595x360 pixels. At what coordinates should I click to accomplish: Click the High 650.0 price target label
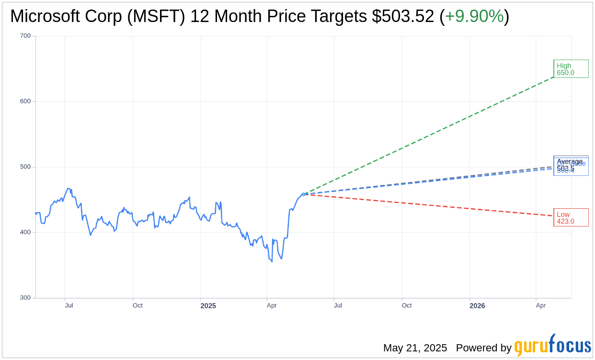click(x=571, y=69)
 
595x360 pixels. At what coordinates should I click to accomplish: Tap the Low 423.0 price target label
click(x=571, y=218)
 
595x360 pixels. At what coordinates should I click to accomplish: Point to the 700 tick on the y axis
click(x=25, y=36)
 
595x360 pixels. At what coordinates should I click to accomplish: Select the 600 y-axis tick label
click(x=25, y=101)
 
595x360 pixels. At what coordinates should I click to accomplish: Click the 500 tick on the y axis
click(x=25, y=167)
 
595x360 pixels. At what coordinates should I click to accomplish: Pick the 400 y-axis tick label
click(x=25, y=232)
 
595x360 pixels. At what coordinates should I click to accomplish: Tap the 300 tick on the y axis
click(x=25, y=298)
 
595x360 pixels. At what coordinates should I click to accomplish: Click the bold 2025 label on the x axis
click(x=208, y=306)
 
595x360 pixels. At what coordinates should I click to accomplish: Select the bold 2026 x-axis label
click(x=477, y=306)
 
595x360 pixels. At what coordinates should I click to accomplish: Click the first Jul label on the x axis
click(x=69, y=305)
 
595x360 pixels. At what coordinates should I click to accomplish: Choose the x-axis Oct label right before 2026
click(x=407, y=305)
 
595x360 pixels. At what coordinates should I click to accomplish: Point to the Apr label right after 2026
click(x=541, y=305)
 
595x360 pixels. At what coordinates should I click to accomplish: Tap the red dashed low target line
click(x=431, y=205)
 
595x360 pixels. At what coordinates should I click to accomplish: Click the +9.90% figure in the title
click(x=474, y=17)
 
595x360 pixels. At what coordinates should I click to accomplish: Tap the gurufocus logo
click(x=552, y=346)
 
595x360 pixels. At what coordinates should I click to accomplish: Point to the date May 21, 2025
click(x=415, y=348)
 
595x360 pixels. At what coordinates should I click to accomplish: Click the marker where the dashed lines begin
click(x=303, y=194)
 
